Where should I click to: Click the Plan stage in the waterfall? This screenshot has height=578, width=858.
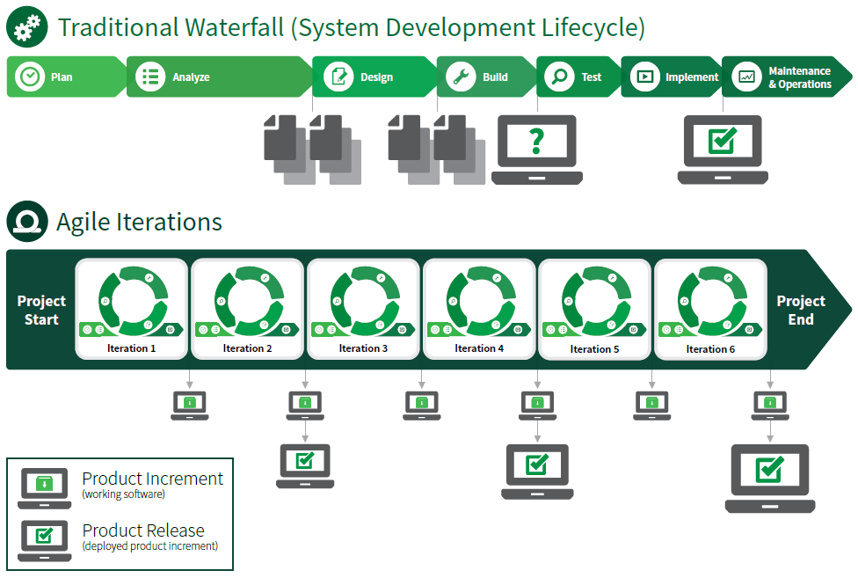click(x=62, y=77)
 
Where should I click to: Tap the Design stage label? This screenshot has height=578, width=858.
click(x=376, y=77)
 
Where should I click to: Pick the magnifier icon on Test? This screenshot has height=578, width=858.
click(x=557, y=77)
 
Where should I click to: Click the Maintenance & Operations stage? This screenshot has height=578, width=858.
click(x=798, y=77)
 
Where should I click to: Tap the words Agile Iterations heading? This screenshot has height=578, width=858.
click(x=139, y=222)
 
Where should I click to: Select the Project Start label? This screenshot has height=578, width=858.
click(x=41, y=311)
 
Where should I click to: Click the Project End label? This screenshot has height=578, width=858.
click(x=800, y=311)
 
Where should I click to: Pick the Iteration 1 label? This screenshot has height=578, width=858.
click(x=132, y=348)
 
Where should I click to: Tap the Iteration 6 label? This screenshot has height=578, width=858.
click(x=710, y=349)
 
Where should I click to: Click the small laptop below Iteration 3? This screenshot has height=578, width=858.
click(x=422, y=405)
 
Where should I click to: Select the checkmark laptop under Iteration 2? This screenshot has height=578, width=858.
click(x=305, y=465)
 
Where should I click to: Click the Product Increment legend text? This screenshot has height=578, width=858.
click(x=152, y=479)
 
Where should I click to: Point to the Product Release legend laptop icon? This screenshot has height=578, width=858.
click(x=45, y=538)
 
